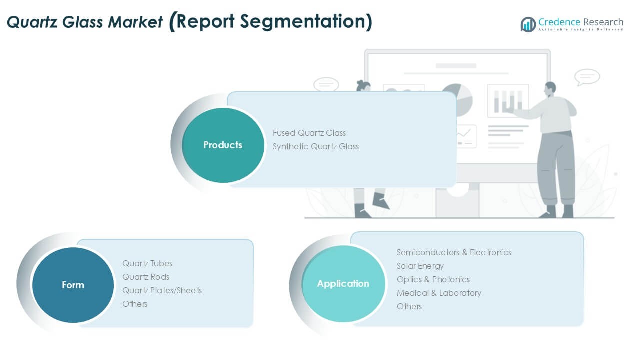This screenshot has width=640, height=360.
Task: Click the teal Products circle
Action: click(223, 145)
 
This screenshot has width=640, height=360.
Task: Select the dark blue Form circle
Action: click(73, 285)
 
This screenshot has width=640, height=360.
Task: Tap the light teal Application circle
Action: click(343, 284)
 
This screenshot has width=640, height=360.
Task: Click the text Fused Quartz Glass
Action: click(309, 133)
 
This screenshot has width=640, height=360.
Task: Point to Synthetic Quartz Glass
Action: click(315, 147)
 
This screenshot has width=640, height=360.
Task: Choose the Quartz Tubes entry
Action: click(147, 263)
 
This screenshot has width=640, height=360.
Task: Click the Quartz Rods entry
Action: click(146, 277)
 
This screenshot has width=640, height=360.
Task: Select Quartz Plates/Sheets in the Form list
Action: click(162, 290)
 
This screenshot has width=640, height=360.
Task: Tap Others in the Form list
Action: click(135, 304)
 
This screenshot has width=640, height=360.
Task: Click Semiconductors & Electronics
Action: click(454, 252)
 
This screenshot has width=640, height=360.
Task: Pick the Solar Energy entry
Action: click(420, 266)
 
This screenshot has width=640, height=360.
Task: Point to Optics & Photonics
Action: click(433, 279)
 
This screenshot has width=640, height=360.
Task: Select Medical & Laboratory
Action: click(439, 293)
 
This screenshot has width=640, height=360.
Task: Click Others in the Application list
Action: click(409, 306)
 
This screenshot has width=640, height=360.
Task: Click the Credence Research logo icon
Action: click(528, 24)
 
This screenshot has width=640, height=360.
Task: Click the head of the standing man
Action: click(550, 89)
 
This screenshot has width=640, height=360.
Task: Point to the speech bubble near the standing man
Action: click(587, 77)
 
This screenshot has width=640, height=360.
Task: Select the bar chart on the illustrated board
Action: click(508, 101)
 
